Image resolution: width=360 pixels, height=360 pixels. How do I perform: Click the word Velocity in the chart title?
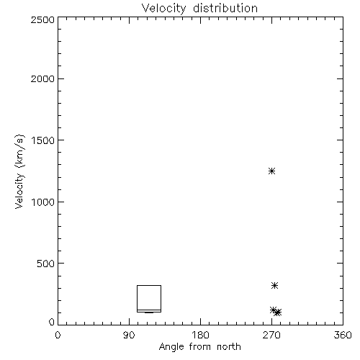[x=164, y=9]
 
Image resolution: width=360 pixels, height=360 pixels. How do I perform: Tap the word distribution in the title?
[x=225, y=8]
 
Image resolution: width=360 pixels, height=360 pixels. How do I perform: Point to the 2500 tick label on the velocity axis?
[x=42, y=19]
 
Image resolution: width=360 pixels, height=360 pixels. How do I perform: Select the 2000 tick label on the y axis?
[x=42, y=78]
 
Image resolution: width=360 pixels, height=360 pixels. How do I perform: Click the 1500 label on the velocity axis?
[x=43, y=140]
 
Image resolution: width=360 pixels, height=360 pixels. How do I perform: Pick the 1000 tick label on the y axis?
[x=43, y=202]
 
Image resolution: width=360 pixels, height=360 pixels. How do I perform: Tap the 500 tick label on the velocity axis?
[x=46, y=264]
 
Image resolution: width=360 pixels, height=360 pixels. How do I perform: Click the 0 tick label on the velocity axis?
[x=52, y=322]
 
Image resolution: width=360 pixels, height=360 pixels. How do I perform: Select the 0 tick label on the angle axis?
[x=58, y=335]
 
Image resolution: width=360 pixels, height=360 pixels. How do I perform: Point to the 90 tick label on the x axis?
[x=129, y=335]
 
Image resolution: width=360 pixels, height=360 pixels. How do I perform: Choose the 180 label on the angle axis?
[x=200, y=335]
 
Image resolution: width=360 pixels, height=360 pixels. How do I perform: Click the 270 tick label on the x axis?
[x=271, y=335]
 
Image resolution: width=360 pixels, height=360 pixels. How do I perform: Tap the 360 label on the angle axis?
[x=343, y=335]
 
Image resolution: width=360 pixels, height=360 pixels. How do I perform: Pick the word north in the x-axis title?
[x=229, y=347]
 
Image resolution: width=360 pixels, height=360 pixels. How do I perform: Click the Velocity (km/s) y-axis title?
[x=19, y=171]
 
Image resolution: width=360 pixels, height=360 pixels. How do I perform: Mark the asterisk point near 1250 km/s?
[x=271, y=171]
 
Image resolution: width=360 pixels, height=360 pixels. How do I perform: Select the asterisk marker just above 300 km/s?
[x=274, y=286]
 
